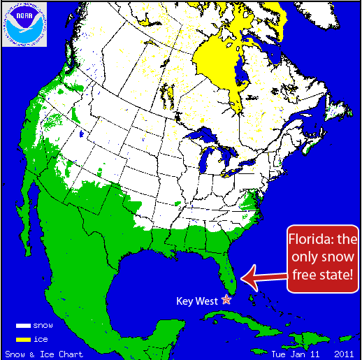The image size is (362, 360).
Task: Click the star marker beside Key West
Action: (x=226, y=299)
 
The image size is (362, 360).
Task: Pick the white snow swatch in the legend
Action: (x=24, y=326)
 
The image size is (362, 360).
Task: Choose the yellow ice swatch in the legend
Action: (x=24, y=339)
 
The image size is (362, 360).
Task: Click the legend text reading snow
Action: (x=43, y=326)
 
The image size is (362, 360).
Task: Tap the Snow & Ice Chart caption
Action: (x=43, y=354)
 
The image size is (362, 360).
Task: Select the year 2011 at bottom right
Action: (x=344, y=354)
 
